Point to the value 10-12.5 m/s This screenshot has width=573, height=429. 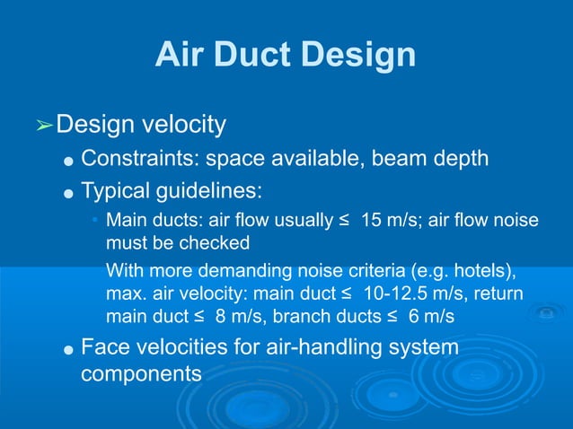point(410,293)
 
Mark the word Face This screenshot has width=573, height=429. point(104,346)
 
